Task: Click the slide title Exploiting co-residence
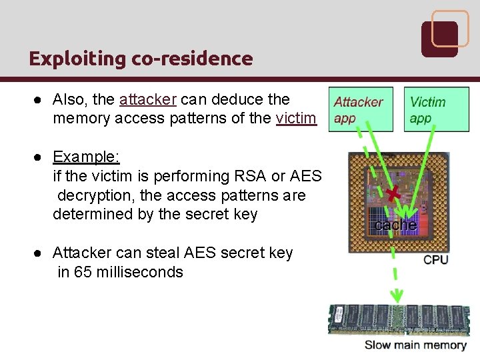point(141,59)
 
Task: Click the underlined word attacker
point(147,100)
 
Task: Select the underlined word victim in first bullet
point(295,119)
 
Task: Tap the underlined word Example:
point(86,157)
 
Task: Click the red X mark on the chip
point(398,193)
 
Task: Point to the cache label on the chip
point(396,225)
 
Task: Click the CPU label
point(436,259)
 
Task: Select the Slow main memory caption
point(415,345)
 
